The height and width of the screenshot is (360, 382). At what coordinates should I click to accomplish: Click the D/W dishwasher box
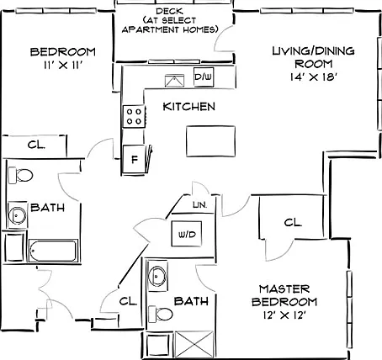coord(204,77)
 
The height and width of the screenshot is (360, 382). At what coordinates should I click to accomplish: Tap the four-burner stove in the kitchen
coord(134,116)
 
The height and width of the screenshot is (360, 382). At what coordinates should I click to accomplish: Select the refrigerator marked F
coord(135,159)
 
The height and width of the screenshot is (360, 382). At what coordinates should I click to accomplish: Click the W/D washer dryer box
coord(187,234)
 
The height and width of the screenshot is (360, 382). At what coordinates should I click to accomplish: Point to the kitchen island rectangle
coord(210,141)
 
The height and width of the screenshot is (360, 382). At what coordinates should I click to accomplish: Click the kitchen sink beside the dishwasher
coord(174,81)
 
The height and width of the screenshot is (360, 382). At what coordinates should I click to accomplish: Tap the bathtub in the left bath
coord(53,251)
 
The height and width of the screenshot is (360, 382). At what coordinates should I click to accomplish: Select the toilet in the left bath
coord(20,176)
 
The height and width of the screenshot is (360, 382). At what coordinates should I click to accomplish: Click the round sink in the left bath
coord(18,215)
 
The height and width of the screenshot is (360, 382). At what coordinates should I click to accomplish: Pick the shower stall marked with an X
coord(194,345)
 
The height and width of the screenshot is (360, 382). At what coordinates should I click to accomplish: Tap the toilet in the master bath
coord(161,314)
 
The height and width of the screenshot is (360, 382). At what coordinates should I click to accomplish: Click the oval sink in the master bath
coord(157,276)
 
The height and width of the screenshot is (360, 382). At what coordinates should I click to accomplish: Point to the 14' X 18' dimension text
coord(313,77)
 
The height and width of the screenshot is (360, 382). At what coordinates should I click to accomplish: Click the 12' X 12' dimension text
coord(284,315)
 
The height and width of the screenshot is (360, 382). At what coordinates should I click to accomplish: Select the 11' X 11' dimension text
coord(63,65)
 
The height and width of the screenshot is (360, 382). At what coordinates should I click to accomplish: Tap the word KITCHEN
coord(189,107)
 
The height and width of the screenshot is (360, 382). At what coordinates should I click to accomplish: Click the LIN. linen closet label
coord(200,205)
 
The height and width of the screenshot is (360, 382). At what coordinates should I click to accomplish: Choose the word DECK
coord(169,12)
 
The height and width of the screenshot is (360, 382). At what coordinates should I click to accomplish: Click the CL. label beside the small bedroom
coord(36,145)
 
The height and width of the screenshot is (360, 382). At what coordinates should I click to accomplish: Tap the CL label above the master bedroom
coord(293,223)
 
